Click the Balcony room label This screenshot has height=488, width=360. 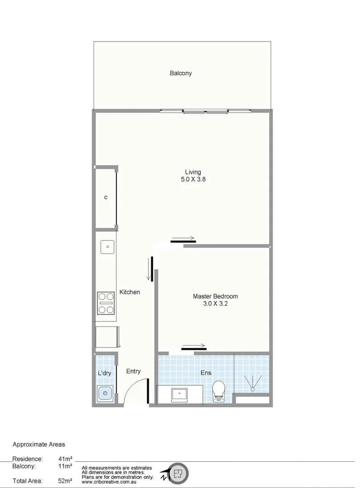pos(180,73)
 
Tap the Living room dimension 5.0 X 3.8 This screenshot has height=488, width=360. pos(193,179)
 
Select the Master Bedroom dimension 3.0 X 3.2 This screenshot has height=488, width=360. pos(215,304)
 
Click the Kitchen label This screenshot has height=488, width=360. pos(129,292)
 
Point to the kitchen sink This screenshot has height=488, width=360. pos(107,247)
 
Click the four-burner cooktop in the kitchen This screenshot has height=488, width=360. pos(106,303)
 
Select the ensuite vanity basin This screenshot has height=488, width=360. pos(179,394)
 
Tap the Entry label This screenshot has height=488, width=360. pos(133,371)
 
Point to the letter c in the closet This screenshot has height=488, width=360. pos(105,197)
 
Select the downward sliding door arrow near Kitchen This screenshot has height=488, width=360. pos(148,269)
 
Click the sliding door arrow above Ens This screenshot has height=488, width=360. pos(194,345)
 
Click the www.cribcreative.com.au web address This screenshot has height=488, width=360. pos(109,476)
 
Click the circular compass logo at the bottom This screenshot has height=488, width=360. pos(178,474)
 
